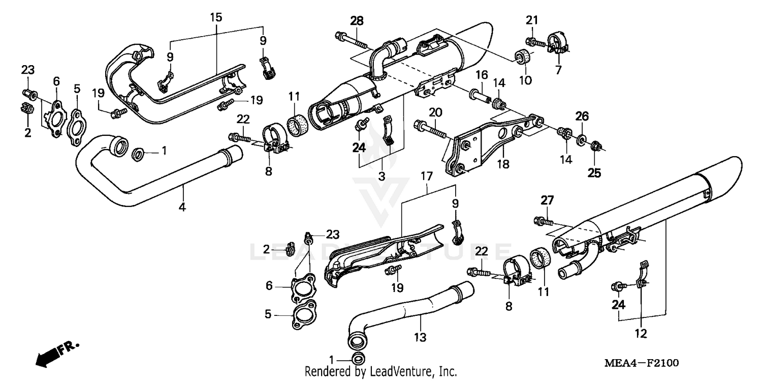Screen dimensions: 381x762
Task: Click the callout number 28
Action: [357, 20]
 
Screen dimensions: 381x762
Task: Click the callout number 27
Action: [547, 200]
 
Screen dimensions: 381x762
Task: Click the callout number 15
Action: [216, 17]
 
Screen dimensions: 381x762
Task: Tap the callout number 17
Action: [426, 177]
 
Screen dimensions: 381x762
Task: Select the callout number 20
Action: [433, 112]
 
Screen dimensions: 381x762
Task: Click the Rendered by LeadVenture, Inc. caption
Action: [380, 371]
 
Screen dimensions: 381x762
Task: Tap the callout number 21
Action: [531, 20]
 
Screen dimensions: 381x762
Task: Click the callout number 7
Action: [558, 70]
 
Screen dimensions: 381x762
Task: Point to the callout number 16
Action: [482, 75]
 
